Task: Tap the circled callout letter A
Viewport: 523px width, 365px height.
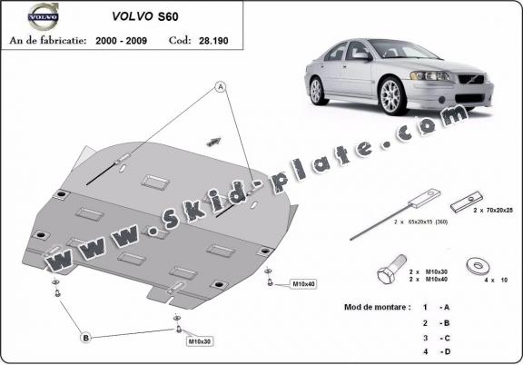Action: pos(219,87)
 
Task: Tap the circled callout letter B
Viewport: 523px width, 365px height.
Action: pos(86,338)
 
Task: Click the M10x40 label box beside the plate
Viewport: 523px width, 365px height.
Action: pos(303,284)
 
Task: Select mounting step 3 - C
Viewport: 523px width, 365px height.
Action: pos(436,337)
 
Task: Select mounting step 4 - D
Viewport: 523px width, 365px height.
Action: pos(436,350)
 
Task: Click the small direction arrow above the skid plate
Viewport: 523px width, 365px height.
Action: pos(214,140)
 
